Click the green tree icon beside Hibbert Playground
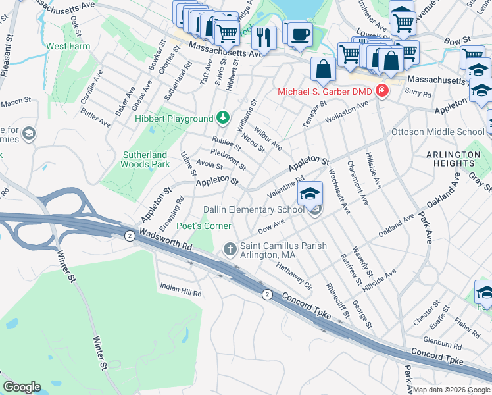coord(223,118)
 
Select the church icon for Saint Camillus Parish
coord(230,248)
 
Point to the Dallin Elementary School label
coord(254,209)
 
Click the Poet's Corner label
coord(208,226)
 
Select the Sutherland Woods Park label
coord(145,160)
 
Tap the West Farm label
coord(68,47)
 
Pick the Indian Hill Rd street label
coord(180,288)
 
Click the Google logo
coord(22,387)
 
